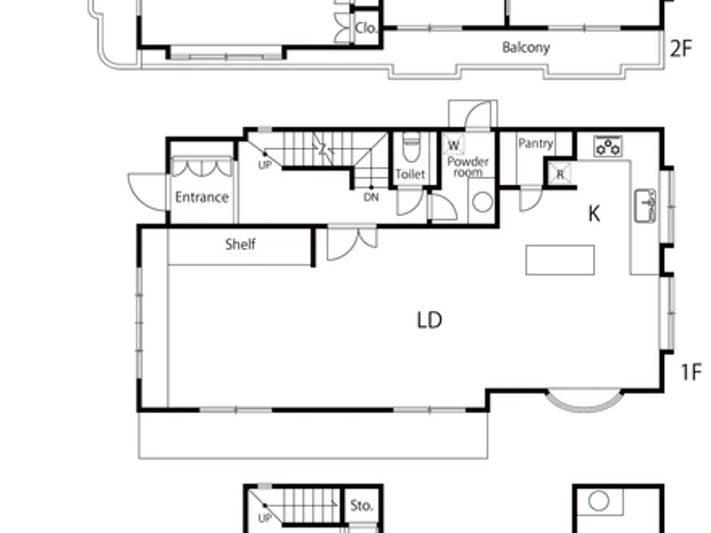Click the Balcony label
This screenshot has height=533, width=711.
(x=526, y=48)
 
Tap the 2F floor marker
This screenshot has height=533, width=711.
(x=681, y=49)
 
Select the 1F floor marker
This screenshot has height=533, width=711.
(x=691, y=372)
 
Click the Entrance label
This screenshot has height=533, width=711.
(x=202, y=197)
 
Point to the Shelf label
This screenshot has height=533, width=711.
(x=240, y=244)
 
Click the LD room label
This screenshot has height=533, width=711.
(x=429, y=320)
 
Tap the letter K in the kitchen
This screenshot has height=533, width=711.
(x=594, y=214)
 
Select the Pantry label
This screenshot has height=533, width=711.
(x=535, y=144)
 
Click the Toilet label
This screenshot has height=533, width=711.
(x=410, y=174)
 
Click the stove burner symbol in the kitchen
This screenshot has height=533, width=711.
(x=608, y=146)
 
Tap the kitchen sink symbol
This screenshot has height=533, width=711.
(x=645, y=206)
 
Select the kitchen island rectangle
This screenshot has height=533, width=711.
(x=560, y=260)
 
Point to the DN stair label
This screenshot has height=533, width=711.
(x=371, y=197)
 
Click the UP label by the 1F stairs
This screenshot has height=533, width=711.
(x=265, y=165)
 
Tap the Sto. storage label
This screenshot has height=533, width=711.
(x=361, y=506)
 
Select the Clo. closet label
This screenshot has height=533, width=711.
(x=366, y=28)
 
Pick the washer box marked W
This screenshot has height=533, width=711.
(x=454, y=145)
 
